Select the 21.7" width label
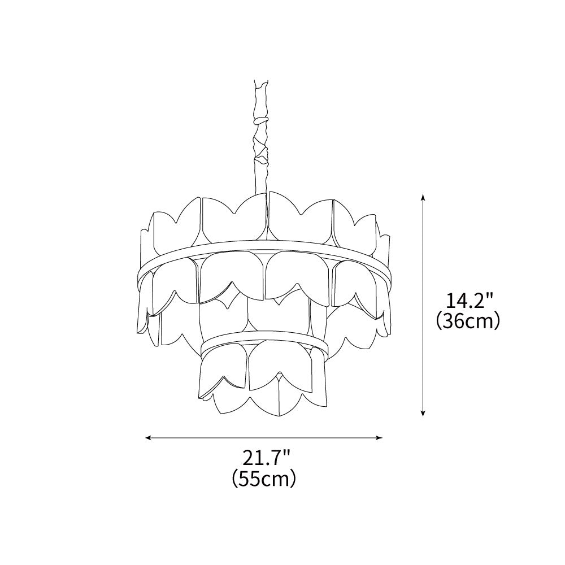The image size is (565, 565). pyautogui.click(x=265, y=458)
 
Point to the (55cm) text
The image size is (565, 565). pyautogui.click(x=264, y=478)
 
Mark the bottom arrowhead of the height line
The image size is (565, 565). pyautogui.click(x=423, y=414)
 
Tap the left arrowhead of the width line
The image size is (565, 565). pyautogui.click(x=147, y=438)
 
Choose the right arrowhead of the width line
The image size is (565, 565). pyautogui.click(x=379, y=438)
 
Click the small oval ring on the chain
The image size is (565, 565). pyautogui.click(x=262, y=120)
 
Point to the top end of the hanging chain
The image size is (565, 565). pyautogui.click(x=261, y=81)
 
